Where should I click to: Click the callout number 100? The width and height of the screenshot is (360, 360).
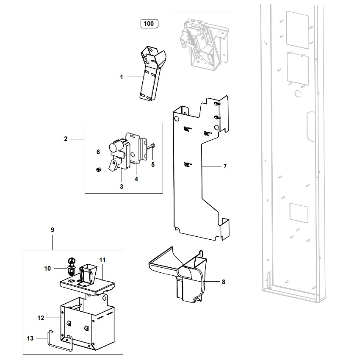pyautogui.click(x=149, y=24)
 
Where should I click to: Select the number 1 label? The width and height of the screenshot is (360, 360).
pyautogui.click(x=122, y=77)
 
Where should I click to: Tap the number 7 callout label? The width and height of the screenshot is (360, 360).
pyautogui.click(x=225, y=166)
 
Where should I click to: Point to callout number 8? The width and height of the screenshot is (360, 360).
pyautogui.click(x=223, y=282)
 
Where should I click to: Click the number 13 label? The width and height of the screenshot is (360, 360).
pyautogui.click(x=30, y=338)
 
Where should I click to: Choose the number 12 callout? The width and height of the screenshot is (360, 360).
pyautogui.click(x=41, y=318)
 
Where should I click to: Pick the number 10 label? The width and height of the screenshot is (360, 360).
pyautogui.click(x=47, y=269)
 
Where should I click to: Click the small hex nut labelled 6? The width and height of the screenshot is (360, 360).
pyautogui.click(x=98, y=170)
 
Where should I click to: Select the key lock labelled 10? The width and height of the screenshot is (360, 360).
pyautogui.click(x=72, y=266)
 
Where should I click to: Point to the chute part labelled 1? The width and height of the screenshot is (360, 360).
pyautogui.click(x=152, y=73)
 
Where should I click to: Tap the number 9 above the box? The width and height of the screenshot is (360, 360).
pyautogui.click(x=53, y=230)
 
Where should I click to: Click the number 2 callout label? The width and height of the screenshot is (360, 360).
pyautogui.click(x=66, y=139)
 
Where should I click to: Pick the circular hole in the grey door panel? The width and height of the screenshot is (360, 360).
pyautogui.click(x=298, y=94)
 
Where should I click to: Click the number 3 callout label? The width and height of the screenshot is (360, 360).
pyautogui.click(x=122, y=187)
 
